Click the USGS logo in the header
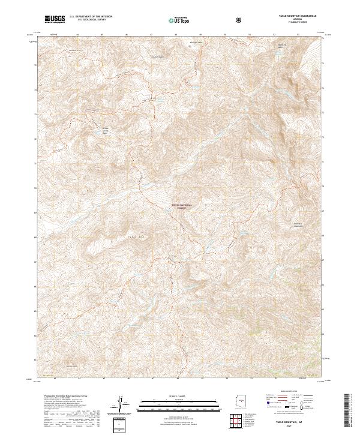[55, 20]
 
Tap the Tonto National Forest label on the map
[182, 206]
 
